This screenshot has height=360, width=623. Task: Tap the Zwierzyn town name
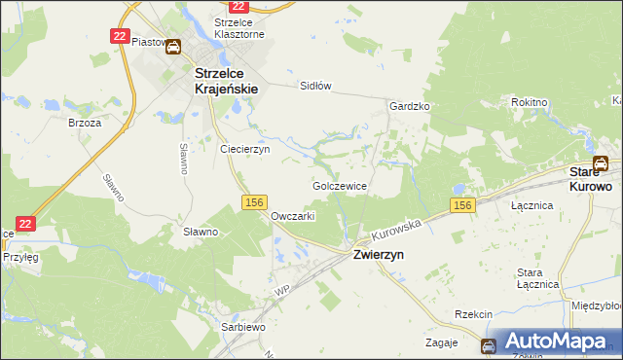pos(379,254)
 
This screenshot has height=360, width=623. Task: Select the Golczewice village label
pos(340,184)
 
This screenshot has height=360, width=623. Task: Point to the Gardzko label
pos(410,106)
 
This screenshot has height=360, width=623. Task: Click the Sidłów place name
pos(315,86)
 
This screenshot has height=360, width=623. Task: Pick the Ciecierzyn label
pos(244,150)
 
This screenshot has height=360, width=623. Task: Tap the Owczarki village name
pos(292,216)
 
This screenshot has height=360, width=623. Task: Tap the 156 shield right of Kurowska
pos(462,204)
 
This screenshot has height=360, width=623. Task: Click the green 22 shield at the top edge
pos(226,7)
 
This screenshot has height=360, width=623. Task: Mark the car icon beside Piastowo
pos(173,46)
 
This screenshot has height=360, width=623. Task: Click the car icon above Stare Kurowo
pos(602,163)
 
